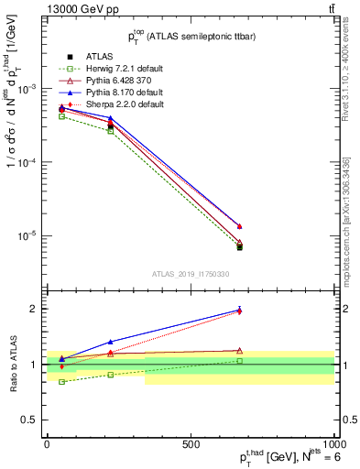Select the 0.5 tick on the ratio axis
[x=32, y=420]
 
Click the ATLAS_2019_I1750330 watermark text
[x=190, y=273]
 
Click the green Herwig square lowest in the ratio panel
[x=61, y=381]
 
